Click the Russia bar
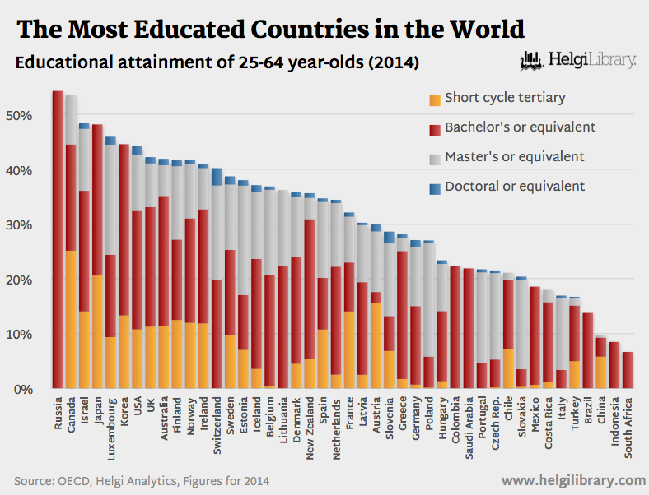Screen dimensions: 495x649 tap(58, 238)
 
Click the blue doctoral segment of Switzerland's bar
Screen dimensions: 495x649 tap(217, 177)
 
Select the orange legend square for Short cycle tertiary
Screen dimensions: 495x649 tap(434, 100)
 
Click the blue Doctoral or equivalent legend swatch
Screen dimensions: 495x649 tap(434, 188)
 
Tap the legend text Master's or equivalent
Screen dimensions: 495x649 tap(515, 156)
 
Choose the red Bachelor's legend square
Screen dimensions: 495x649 tap(434, 130)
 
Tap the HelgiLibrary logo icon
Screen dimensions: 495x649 tap(532, 61)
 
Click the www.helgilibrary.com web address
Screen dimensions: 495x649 tap(573, 479)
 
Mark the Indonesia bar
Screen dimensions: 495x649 tap(614, 365)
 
